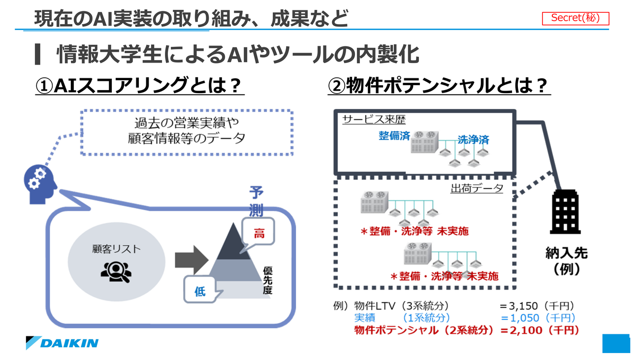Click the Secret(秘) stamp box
click(576, 18)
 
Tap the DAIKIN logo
click(62, 343)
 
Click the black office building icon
click(565, 212)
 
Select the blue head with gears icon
click(40, 184)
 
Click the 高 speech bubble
click(258, 232)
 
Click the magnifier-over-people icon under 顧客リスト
click(116, 272)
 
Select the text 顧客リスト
click(116, 249)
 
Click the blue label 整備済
click(394, 136)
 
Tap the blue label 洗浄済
click(474, 140)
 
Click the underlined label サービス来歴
click(374, 120)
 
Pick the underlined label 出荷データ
click(477, 188)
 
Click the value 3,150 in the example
click(523, 306)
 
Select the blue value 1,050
click(525, 318)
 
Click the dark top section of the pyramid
click(233, 244)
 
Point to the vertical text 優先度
click(267, 280)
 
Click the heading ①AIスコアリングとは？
click(139, 85)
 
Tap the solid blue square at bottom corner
click(616, 343)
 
